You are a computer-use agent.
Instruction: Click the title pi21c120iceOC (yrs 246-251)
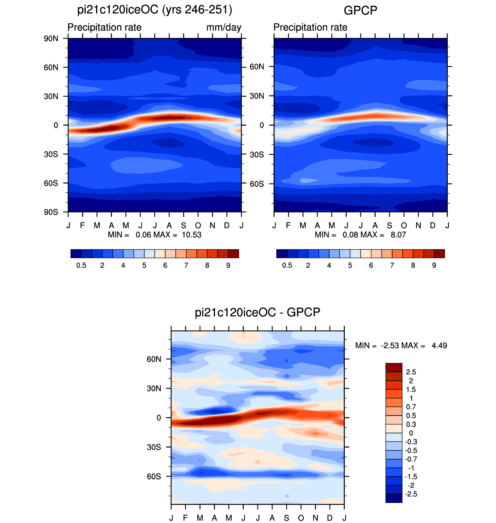154,10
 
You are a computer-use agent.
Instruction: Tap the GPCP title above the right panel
361,11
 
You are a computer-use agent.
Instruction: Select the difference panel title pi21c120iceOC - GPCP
257,312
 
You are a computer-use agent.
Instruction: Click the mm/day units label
223,27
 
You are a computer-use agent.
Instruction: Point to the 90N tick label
51,39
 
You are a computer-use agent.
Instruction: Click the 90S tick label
51,212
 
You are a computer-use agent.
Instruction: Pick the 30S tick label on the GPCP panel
257,155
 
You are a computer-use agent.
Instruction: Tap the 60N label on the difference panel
154,359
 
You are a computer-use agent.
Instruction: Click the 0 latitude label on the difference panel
159,418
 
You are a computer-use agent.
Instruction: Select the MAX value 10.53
191,234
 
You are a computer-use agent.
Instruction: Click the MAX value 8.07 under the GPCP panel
398,234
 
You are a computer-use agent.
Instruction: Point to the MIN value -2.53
390,346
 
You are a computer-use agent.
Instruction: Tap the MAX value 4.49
439,346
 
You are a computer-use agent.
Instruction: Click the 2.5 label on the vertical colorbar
411,372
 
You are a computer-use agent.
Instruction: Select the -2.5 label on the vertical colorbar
411,494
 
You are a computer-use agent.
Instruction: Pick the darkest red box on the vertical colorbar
394,368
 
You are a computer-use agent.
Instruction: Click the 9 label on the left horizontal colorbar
228,265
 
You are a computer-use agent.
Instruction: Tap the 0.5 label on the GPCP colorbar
287,265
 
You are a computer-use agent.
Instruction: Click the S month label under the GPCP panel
389,226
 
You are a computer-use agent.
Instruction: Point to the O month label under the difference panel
301,518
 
